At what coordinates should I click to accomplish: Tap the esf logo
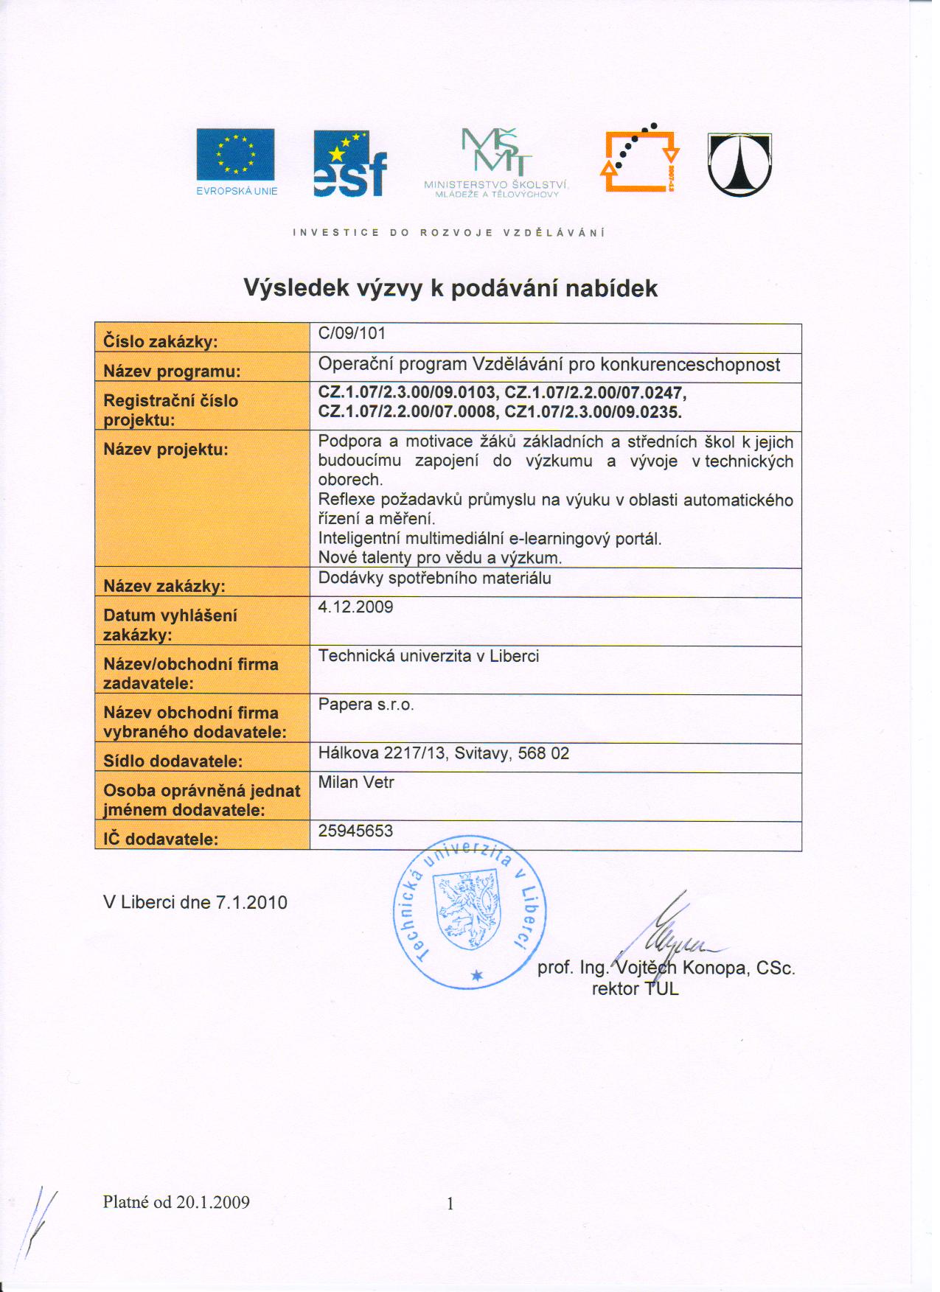349,164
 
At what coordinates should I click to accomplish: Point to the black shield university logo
739,164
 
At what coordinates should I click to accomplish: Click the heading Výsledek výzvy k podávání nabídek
450,287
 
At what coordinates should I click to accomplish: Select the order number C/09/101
352,333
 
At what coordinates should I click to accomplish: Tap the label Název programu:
172,371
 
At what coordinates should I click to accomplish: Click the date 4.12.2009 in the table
355,607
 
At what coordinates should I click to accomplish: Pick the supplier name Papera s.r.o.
366,705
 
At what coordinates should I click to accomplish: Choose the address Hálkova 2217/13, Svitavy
443,753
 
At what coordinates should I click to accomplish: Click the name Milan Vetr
356,783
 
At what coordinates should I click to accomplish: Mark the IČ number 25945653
355,831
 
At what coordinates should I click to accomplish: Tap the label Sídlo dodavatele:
173,761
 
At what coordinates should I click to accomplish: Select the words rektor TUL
635,989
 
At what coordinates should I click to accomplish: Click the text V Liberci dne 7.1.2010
195,903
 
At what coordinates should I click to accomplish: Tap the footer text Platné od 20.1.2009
176,1202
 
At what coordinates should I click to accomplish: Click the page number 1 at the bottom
450,1204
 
